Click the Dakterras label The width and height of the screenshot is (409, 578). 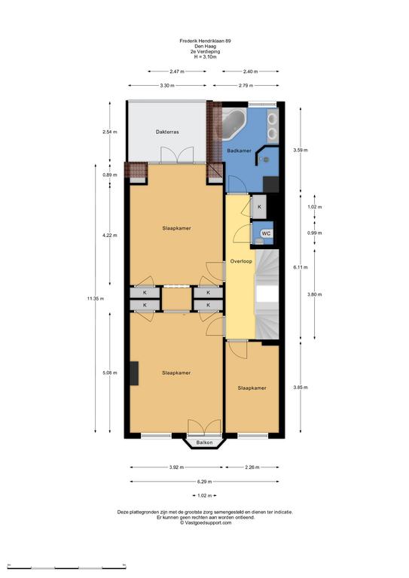click(x=167, y=132)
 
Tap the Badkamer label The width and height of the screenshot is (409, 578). click(x=239, y=151)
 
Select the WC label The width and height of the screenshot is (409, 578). click(x=266, y=233)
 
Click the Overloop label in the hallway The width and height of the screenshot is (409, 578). click(x=241, y=261)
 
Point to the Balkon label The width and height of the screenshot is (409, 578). click(x=204, y=443)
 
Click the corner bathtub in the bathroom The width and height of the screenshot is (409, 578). click(x=233, y=123)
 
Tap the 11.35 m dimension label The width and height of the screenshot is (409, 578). click(x=95, y=299)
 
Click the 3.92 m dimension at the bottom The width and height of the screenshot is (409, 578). click(x=176, y=467)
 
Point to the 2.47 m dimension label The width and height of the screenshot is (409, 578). click(x=177, y=71)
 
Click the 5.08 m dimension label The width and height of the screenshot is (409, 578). click(x=110, y=373)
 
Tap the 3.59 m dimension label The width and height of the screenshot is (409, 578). click(x=301, y=150)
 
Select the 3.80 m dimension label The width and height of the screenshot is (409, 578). click(x=314, y=294)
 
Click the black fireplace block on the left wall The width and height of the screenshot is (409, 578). click(x=134, y=373)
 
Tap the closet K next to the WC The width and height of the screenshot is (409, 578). click(x=259, y=207)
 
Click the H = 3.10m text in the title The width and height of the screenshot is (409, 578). click(x=205, y=56)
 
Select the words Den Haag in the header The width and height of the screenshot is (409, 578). click(x=205, y=47)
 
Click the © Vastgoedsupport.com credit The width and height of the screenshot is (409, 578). click(x=206, y=522)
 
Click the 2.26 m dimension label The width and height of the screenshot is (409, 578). click(x=252, y=467)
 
